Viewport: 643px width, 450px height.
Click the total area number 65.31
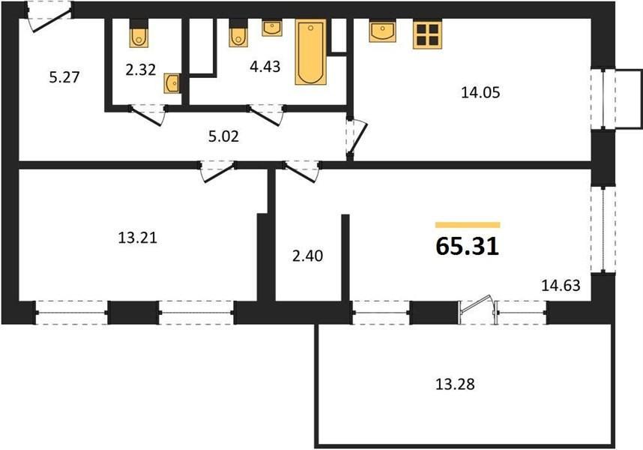click(467, 246)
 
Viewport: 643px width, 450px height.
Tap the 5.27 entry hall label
click(64, 77)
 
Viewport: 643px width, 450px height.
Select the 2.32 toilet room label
click(141, 70)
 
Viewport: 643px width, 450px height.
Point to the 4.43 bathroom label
click(265, 66)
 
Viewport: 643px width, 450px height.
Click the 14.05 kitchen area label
click(480, 92)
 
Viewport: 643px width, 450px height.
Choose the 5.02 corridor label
click(223, 136)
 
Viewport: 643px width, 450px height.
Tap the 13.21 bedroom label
click(137, 238)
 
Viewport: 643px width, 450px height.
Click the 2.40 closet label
click(307, 256)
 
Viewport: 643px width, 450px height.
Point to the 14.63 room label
click(561, 285)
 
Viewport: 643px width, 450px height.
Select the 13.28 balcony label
click(454, 384)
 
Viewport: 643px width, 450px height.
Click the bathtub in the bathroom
click(311, 52)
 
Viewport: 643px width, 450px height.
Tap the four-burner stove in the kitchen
click(427, 34)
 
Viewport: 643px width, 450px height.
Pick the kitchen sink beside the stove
click(382, 31)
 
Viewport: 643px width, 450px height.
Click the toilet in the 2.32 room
click(139, 33)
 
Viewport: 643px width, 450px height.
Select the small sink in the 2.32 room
click(172, 83)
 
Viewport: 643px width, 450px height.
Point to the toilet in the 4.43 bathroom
click(238, 33)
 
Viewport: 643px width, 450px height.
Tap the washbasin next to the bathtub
click(272, 28)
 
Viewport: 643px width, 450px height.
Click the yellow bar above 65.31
click(468, 225)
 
